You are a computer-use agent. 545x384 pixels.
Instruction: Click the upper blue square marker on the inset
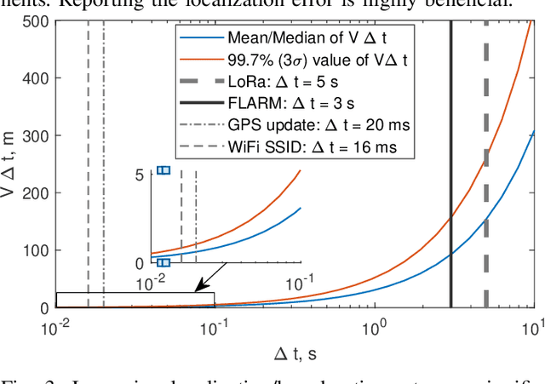(x=164, y=170)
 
